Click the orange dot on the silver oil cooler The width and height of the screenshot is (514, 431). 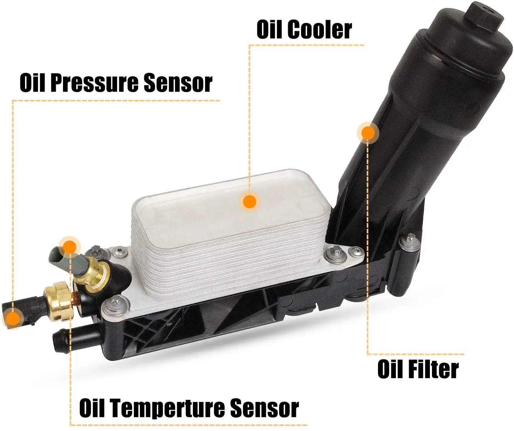tap(249, 202)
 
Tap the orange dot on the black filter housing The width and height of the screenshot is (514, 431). tap(368, 133)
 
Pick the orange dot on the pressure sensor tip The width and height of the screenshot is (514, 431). tap(13, 319)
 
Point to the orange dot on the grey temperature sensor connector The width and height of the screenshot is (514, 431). tap(69, 247)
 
